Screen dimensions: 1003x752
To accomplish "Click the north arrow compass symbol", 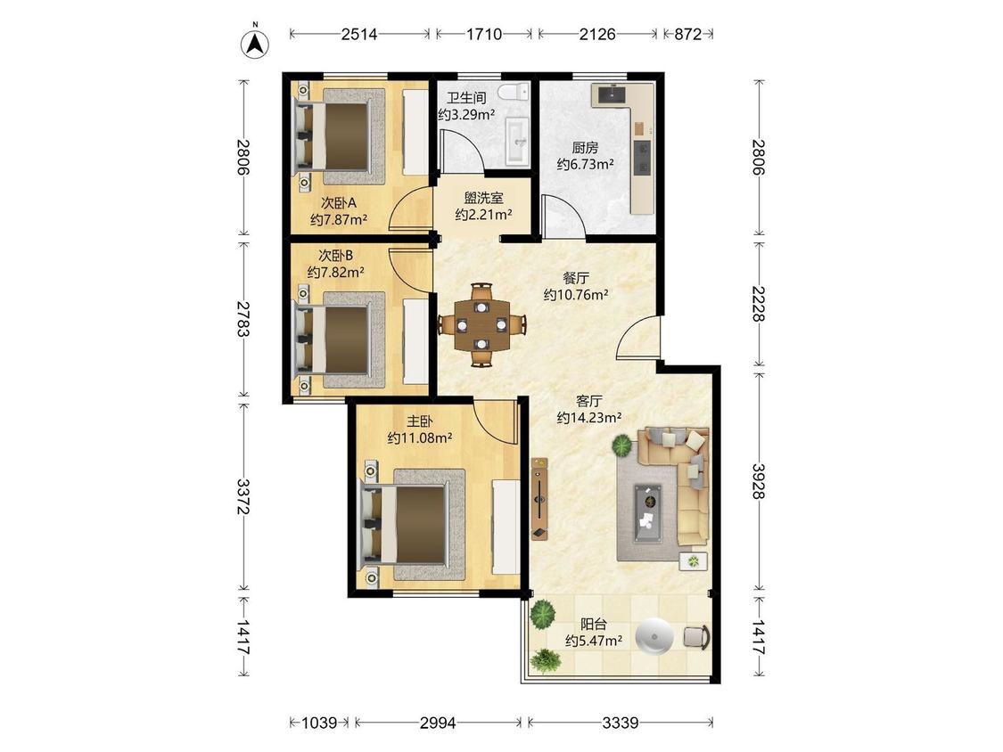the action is [x=255, y=42].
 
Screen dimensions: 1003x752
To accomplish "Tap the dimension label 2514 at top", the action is [x=359, y=34].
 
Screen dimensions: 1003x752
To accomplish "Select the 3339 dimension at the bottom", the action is [x=620, y=723].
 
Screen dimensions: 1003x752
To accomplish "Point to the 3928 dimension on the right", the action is [x=759, y=481].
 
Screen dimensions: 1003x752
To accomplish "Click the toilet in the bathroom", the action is [x=514, y=92].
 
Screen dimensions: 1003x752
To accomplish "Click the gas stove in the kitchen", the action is [x=642, y=158].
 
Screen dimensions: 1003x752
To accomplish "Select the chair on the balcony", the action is [x=696, y=638].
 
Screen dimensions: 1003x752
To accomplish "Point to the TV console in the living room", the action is [x=540, y=499].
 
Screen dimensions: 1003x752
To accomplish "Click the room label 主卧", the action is [x=420, y=421].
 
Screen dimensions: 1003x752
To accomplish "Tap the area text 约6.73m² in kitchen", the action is [x=585, y=164].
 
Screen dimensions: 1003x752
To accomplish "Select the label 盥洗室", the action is [x=483, y=198].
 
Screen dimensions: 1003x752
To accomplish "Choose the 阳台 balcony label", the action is [x=593, y=624].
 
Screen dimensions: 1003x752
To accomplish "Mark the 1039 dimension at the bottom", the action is [x=319, y=723].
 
